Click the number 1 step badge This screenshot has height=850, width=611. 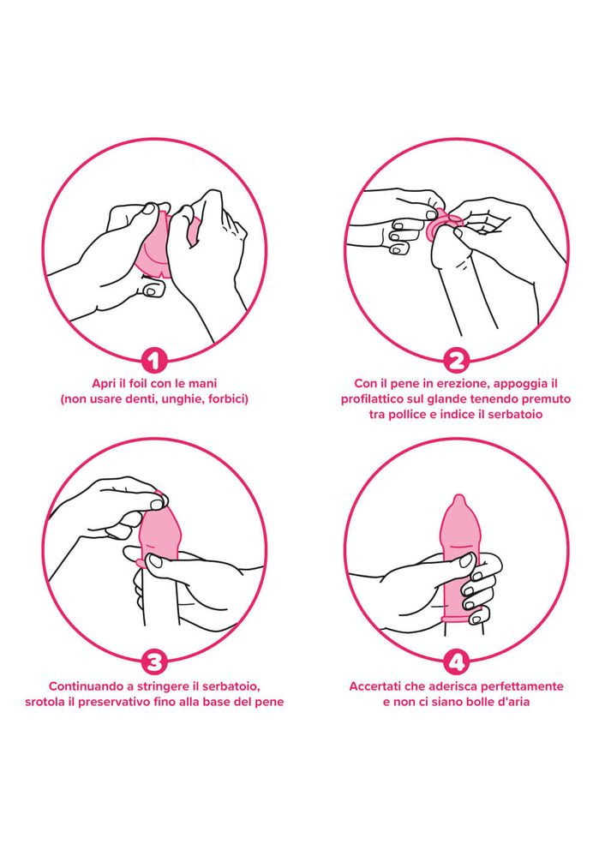click(154, 360)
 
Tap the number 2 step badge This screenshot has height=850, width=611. click(457, 360)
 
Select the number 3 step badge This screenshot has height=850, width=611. click(154, 661)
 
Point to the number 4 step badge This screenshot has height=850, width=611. click(457, 661)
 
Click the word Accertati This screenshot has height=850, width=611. click(374, 686)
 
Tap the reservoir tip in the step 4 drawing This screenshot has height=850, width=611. click(458, 500)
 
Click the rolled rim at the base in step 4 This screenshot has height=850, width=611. click(460, 617)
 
